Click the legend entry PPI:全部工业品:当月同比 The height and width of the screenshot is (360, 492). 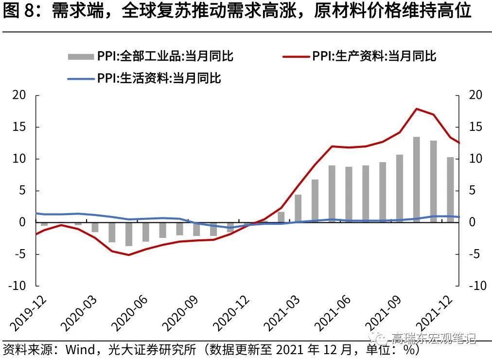click(x=151, y=56)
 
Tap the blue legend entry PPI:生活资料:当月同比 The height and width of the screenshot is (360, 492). click(x=144, y=78)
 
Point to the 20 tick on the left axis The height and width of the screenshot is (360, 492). click(x=19, y=95)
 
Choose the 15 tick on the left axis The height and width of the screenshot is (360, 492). click(x=19, y=127)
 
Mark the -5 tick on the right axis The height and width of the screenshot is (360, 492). click(x=475, y=254)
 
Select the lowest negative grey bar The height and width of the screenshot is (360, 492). click(x=129, y=234)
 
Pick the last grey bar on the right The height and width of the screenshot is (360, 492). click(x=451, y=190)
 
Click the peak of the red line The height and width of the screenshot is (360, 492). click(x=417, y=108)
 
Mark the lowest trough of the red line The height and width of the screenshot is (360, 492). click(x=129, y=255)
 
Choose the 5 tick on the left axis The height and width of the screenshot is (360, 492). click(x=22, y=191)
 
